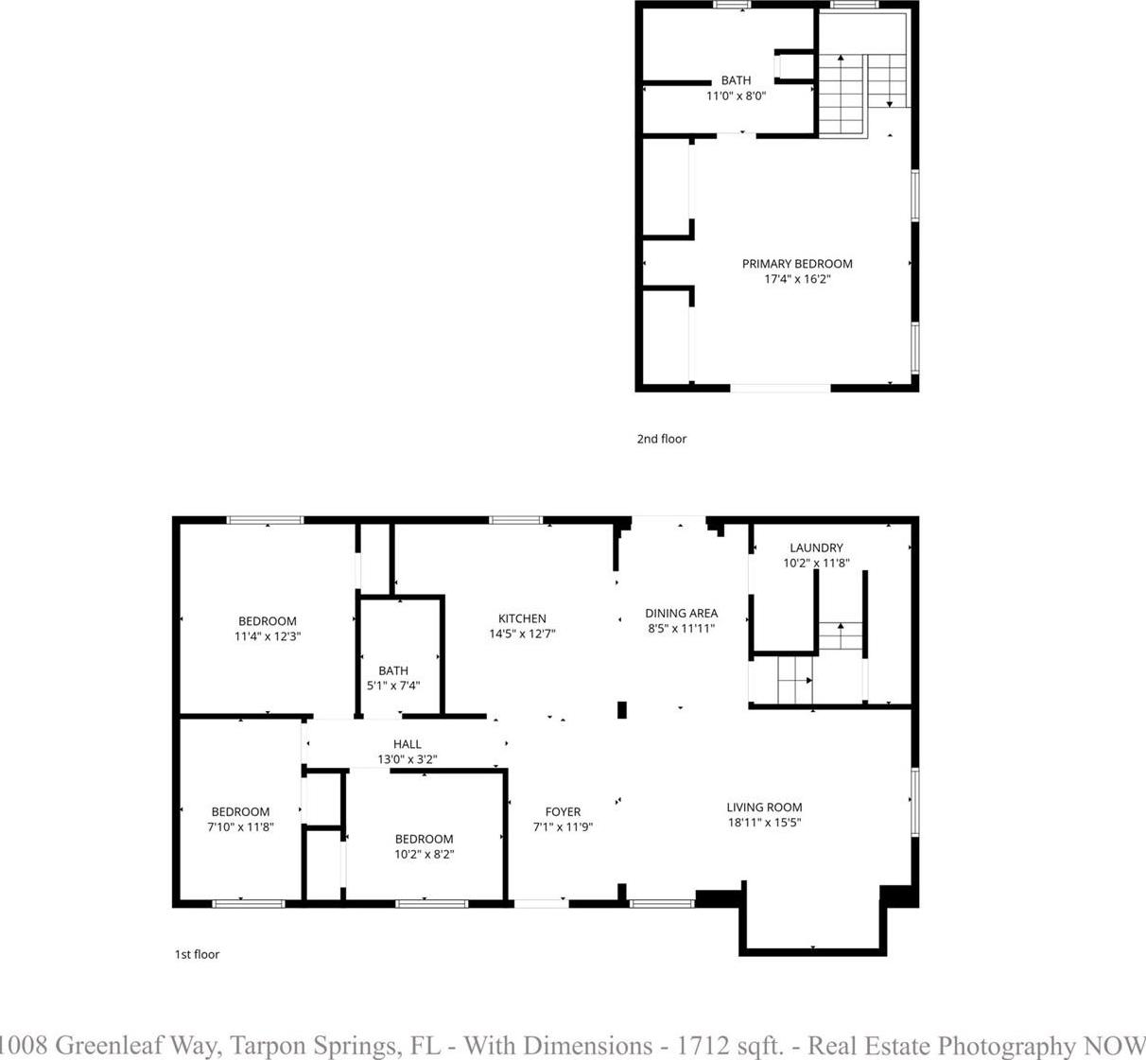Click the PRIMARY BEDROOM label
[797, 264]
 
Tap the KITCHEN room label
[522, 618]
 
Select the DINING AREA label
[682, 613]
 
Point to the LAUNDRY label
[817, 547]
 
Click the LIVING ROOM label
[765, 808]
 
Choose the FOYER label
[564, 811]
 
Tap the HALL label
[408, 744]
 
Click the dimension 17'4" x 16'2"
[797, 280]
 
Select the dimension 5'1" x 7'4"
[393, 686]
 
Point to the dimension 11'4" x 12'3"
[268, 636]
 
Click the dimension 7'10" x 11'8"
[240, 826]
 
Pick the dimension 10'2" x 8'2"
[425, 854]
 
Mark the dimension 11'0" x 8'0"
[737, 96]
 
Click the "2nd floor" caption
[662, 439]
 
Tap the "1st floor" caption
[198, 954]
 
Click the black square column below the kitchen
[622, 709]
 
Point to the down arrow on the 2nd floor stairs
[890, 80]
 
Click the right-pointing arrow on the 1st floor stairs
[795, 680]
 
